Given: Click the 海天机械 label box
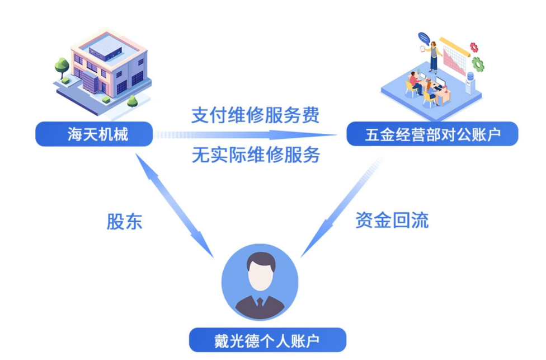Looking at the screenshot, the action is (94, 134).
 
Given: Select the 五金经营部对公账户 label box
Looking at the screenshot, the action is (432, 134).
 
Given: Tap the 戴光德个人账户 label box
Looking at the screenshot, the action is (267, 340).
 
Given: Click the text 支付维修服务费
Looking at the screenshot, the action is (255, 115).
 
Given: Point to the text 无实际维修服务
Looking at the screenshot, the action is (256, 155).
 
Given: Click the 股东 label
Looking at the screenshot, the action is (124, 222).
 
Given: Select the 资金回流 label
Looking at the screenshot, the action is (392, 220).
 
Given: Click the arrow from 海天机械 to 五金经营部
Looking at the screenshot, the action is (246, 134).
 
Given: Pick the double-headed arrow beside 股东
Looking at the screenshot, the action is (174, 205).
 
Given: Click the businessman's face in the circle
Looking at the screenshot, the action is (260, 276).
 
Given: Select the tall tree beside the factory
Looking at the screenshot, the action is (62, 68).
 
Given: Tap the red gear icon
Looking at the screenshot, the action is (474, 47).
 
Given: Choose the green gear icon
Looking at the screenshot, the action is (478, 64).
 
